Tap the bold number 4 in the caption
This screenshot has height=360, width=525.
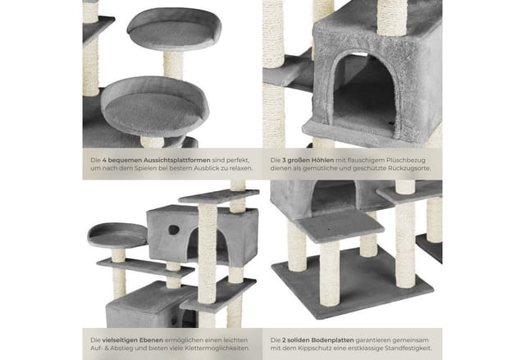(x=104, y=160)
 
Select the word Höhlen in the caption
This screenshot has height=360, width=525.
(x=322, y=160)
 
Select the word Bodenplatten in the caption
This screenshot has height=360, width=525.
(x=332, y=340)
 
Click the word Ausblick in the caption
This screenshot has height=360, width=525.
(x=204, y=168)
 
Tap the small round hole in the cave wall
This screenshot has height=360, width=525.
(x=174, y=230)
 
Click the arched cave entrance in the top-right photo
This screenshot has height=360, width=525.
(x=364, y=92)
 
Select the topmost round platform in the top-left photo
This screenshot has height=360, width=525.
(x=174, y=29)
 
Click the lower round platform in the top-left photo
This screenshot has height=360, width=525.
(x=155, y=107)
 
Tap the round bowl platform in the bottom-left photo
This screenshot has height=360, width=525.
(x=117, y=235)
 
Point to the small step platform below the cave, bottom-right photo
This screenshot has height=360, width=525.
(x=340, y=226)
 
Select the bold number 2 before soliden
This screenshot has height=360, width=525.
(x=284, y=340)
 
